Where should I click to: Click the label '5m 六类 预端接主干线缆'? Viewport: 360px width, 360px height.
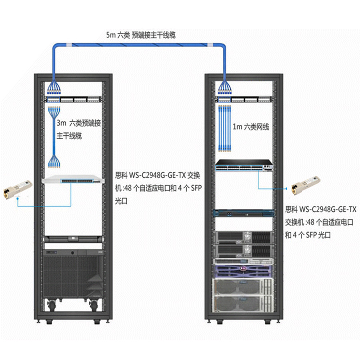coord(140,35)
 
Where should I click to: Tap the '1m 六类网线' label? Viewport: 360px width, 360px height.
coord(251,127)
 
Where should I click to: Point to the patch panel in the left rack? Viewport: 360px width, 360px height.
coord(72,98)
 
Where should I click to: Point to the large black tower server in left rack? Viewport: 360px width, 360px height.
coord(72,276)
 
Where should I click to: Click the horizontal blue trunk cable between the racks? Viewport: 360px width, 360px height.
coord(140,45)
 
